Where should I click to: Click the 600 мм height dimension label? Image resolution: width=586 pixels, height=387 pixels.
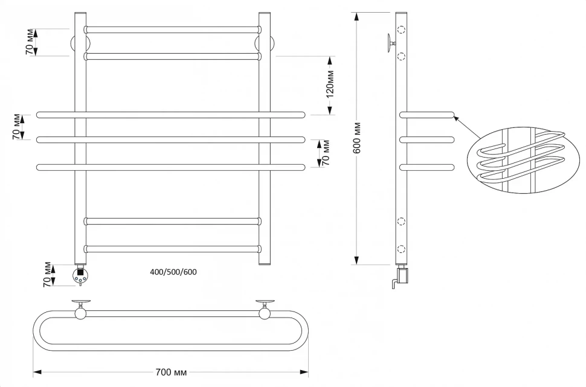(x=357, y=138)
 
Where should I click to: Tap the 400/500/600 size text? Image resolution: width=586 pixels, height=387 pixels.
(x=173, y=272)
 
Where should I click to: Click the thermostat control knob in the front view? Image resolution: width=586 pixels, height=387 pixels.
(x=80, y=276)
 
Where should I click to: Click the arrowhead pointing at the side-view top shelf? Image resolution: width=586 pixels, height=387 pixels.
(x=457, y=118)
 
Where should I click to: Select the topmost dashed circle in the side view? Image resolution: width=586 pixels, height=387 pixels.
(x=401, y=30)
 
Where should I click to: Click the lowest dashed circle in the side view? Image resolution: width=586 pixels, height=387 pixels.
(x=401, y=248)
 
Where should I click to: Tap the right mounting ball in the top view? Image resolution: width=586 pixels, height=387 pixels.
(x=264, y=312)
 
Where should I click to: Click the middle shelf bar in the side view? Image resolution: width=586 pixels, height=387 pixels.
(x=427, y=140)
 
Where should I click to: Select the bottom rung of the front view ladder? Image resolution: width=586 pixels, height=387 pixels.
(x=173, y=248)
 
